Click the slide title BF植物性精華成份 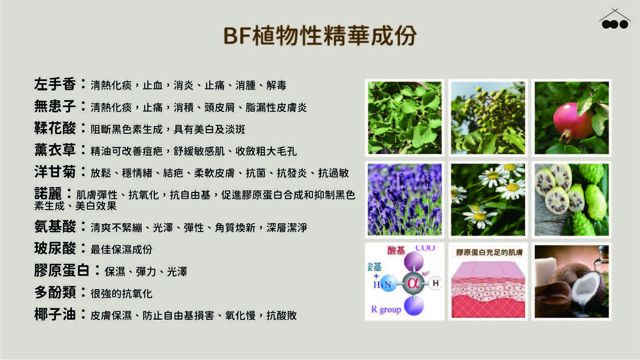point(320,36)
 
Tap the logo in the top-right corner point(615,19)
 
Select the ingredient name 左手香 point(55,84)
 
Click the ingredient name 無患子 point(55,106)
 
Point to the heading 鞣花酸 point(55,128)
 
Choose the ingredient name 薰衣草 point(55,150)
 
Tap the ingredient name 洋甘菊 point(55,172)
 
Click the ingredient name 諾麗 point(48,194)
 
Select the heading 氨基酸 point(55,227)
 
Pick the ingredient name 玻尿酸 point(55,248)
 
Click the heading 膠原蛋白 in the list point(62,270)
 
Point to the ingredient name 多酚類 point(55,292)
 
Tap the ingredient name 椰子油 point(55,314)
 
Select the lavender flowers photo point(404,200)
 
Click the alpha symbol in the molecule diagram point(413,283)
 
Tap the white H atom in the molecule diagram point(435,283)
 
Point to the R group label point(386,310)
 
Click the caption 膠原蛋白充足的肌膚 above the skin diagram point(489,252)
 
